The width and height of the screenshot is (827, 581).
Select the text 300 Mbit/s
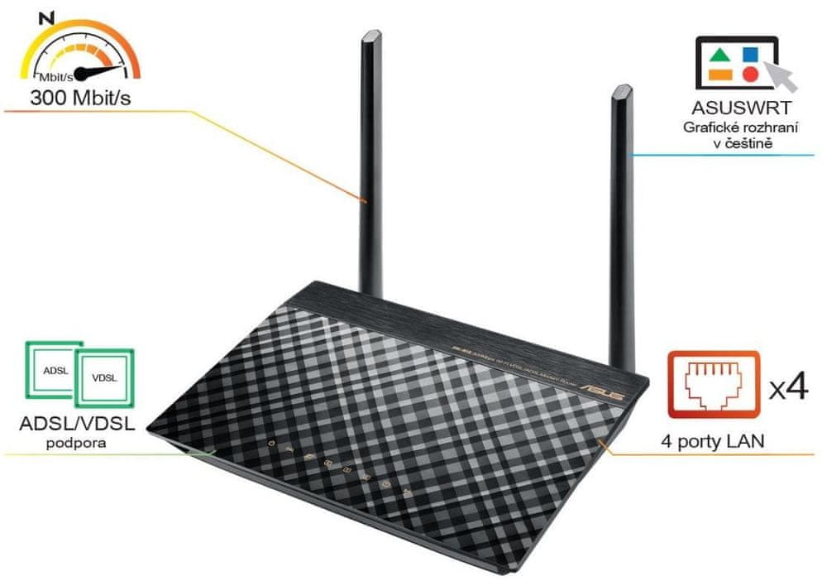80,98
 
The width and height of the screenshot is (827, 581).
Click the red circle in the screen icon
749,74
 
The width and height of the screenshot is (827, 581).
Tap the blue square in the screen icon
749,55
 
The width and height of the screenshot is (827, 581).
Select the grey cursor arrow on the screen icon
782,76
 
